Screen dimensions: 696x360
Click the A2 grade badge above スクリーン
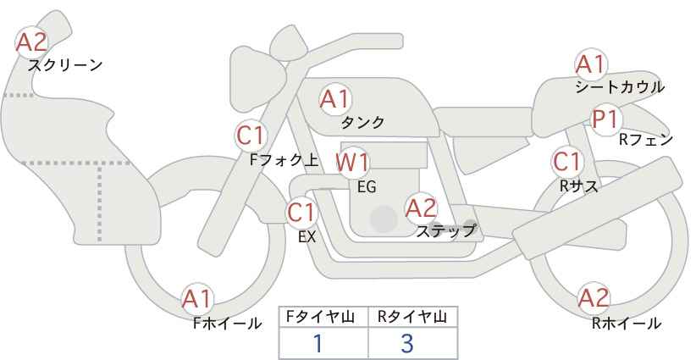31,42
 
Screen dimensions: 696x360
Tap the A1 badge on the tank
335,99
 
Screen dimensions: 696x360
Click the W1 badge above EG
352,163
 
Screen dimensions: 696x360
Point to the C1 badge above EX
301,213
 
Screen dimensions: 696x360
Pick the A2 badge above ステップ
422,208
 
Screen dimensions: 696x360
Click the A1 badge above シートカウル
591,64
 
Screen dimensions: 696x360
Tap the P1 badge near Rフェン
606,119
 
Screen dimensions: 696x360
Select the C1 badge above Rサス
567,162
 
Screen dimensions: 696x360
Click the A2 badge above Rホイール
594,298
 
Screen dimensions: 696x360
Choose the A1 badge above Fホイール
197,299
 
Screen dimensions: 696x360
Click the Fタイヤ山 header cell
323,317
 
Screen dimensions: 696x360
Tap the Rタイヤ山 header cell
413,317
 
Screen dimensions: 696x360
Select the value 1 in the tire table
318,343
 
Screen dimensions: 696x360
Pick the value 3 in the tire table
407,343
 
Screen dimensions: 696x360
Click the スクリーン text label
65,66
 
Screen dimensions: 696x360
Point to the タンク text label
362,122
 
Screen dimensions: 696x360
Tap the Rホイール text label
627,324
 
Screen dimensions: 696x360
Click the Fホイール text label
227,324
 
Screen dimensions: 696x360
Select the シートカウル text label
620,87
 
